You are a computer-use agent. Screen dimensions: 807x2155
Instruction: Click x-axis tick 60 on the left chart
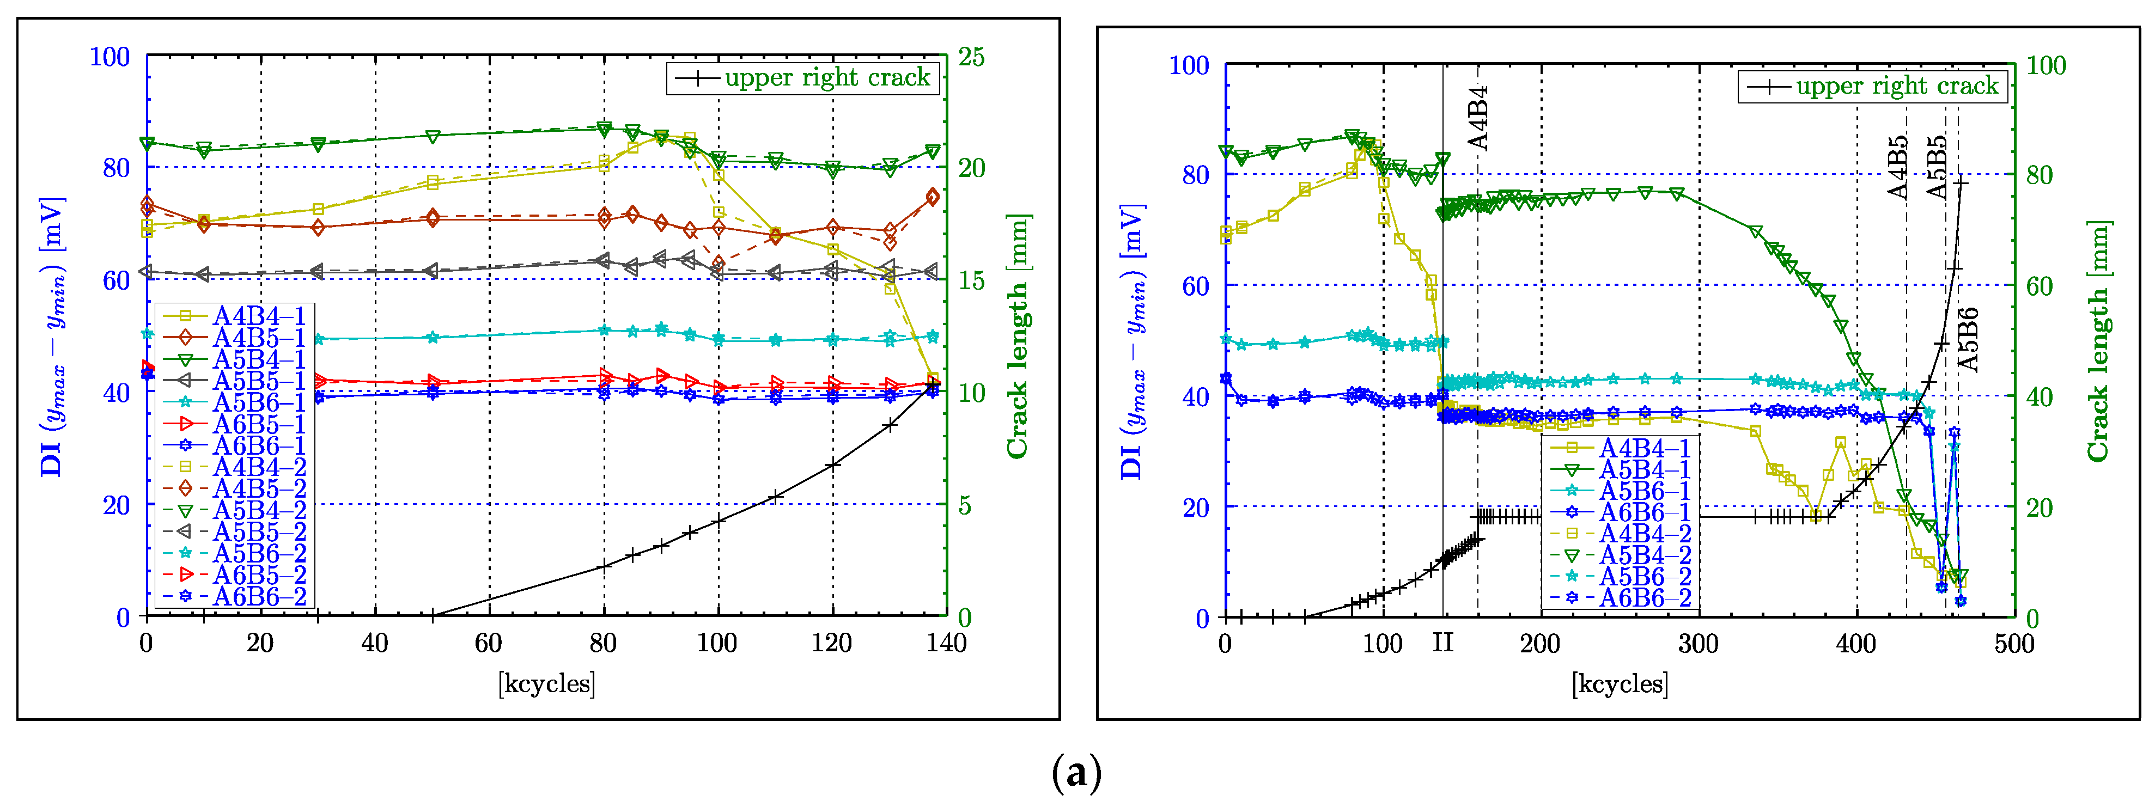(489, 643)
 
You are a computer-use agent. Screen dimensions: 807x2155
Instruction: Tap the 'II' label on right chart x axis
(1443, 642)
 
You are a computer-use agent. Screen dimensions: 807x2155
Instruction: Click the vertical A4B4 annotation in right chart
(1478, 117)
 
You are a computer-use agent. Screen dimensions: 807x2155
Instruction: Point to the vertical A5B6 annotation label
(1969, 339)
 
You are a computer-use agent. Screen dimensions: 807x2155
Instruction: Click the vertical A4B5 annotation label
(1898, 167)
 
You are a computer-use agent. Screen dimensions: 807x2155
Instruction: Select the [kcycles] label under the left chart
(546, 684)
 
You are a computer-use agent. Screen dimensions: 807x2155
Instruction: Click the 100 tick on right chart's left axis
(1189, 65)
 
